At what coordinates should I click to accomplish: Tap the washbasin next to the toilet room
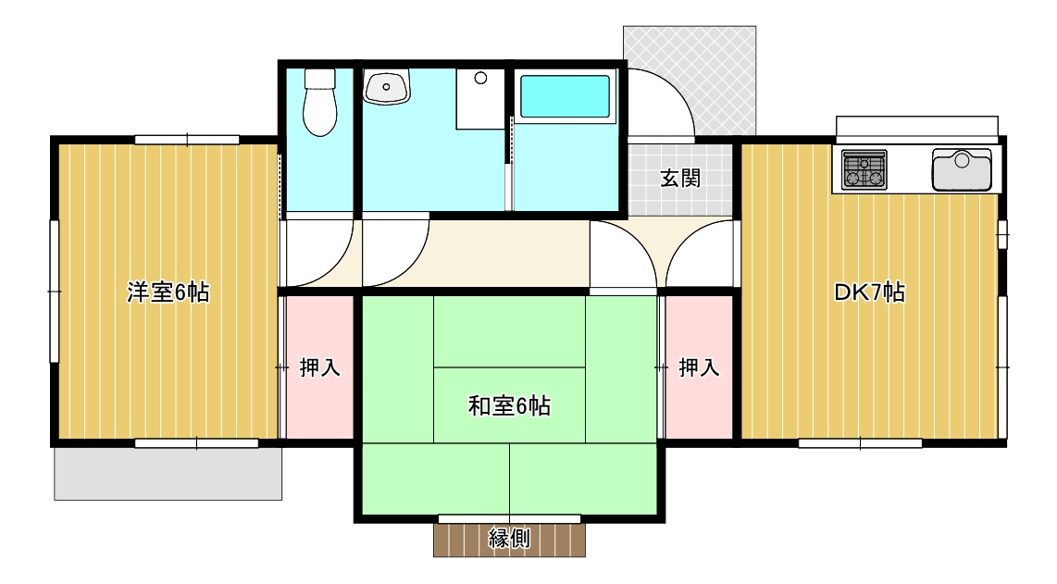(386, 87)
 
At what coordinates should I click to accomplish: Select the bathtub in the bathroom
(565, 96)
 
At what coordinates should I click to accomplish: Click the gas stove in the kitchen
(864, 169)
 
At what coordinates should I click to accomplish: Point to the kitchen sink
(962, 170)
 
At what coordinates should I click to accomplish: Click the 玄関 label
(680, 178)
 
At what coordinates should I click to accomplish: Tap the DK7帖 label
(870, 292)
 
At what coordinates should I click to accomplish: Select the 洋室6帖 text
(168, 292)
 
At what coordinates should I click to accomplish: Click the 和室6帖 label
(510, 406)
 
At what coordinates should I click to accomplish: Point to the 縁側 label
(509, 538)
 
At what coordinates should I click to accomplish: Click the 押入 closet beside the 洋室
(320, 367)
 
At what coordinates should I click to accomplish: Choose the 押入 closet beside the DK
(699, 367)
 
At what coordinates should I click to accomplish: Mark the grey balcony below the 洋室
(168, 473)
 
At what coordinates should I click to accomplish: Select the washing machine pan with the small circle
(480, 98)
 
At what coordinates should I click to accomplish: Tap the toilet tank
(319, 79)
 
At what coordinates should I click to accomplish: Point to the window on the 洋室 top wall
(187, 141)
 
